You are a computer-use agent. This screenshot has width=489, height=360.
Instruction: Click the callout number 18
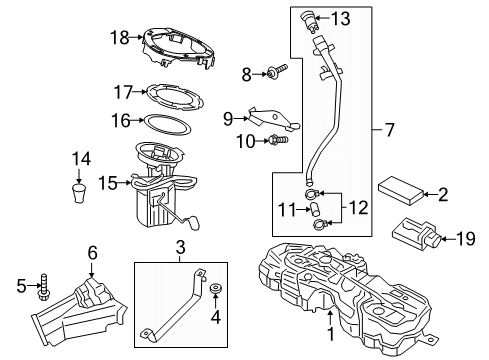(119, 37)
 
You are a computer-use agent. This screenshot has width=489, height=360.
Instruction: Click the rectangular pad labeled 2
(398, 192)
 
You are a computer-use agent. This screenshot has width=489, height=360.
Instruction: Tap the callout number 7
(386, 130)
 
